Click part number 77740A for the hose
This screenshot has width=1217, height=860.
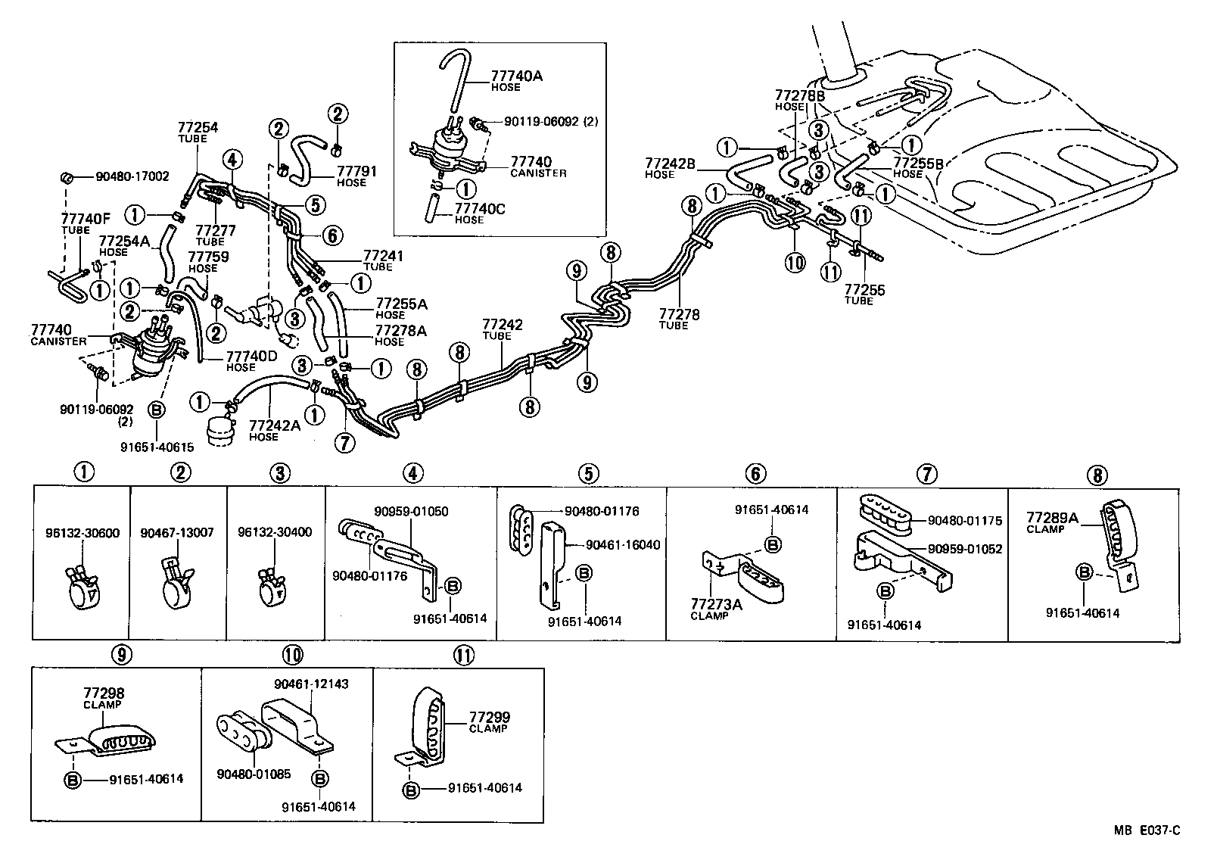[x=517, y=76]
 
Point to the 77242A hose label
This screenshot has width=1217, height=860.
[x=275, y=425]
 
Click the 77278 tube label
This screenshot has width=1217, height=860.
[x=679, y=313]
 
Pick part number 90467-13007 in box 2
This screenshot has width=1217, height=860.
[x=177, y=532]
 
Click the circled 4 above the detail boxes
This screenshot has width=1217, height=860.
[x=412, y=474]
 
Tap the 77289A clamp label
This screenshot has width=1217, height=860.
[x=1053, y=518]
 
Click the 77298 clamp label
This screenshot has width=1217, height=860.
[x=104, y=693]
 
